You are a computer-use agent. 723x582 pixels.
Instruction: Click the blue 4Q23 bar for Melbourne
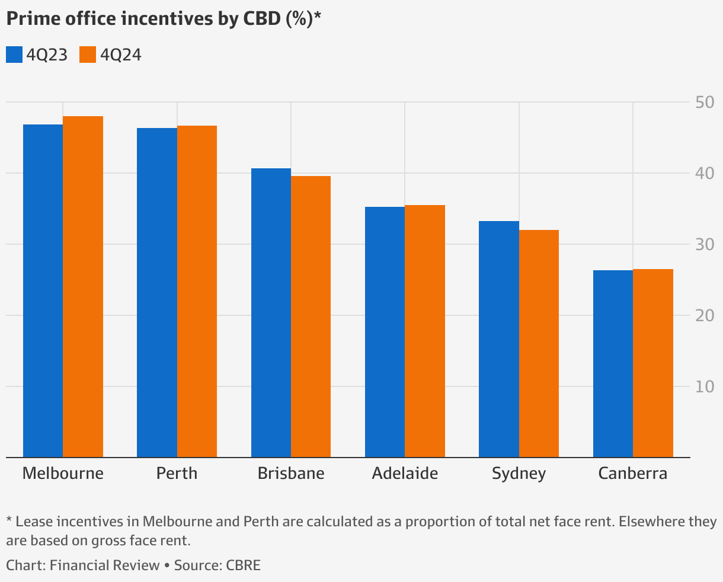pos(43,290)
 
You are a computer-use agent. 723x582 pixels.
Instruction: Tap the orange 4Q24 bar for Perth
pos(197,291)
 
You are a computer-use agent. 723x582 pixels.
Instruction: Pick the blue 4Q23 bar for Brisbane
pos(271,312)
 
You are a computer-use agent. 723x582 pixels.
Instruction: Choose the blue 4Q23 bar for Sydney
pos(499,339)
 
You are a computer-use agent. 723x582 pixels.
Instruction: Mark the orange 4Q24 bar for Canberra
pos(653,363)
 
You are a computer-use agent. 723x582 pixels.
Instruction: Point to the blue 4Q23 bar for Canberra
pos(613,363)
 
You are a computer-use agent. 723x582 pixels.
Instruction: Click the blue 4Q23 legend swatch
pos(14,55)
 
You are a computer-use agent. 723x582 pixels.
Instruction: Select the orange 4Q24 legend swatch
pos(88,55)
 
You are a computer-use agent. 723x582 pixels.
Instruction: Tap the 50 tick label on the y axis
pos(705,103)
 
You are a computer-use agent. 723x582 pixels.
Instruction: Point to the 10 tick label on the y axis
pos(705,386)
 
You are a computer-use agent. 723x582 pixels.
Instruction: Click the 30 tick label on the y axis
pos(705,244)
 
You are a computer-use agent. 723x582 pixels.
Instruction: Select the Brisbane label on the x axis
pos(291,474)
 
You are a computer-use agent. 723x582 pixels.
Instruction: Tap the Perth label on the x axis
pos(177,474)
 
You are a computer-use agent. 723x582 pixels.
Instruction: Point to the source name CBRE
pos(243,565)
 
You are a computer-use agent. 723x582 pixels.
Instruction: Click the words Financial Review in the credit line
pos(104,565)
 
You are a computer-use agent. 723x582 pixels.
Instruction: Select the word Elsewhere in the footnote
pos(631,522)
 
